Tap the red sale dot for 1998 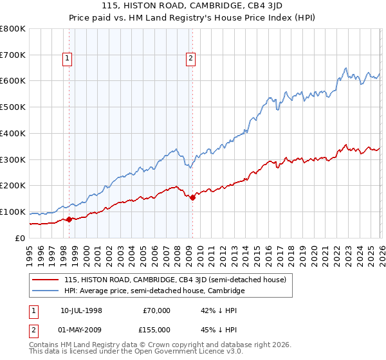[x=69, y=219]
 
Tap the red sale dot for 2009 [x=192, y=197]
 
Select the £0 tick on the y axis [x=20, y=238]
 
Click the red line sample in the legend [x=46, y=280]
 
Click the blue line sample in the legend [x=46, y=291]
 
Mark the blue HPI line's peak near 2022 [x=346, y=68]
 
